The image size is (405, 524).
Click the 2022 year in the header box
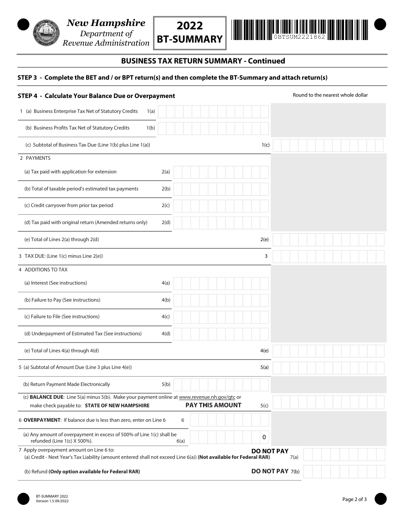tap(190, 26)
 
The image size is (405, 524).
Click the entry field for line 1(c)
tap(328, 145)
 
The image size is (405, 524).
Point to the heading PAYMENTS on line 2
tap(38, 158)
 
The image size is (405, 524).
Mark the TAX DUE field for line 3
tap(328, 256)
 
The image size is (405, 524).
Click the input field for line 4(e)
tap(328, 351)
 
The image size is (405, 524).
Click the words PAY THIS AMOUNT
tap(213, 405)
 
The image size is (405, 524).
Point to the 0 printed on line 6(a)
tap(264, 437)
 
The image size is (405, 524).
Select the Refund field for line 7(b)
tap(343, 472)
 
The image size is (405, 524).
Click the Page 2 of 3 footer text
tap(354, 499)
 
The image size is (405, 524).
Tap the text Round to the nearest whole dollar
tap(330, 95)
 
